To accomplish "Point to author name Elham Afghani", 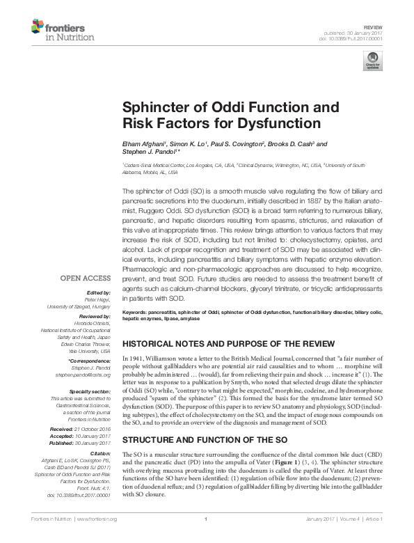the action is pyautogui.click(x=142, y=144).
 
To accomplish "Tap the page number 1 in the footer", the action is pyautogui.click(x=206, y=538).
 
